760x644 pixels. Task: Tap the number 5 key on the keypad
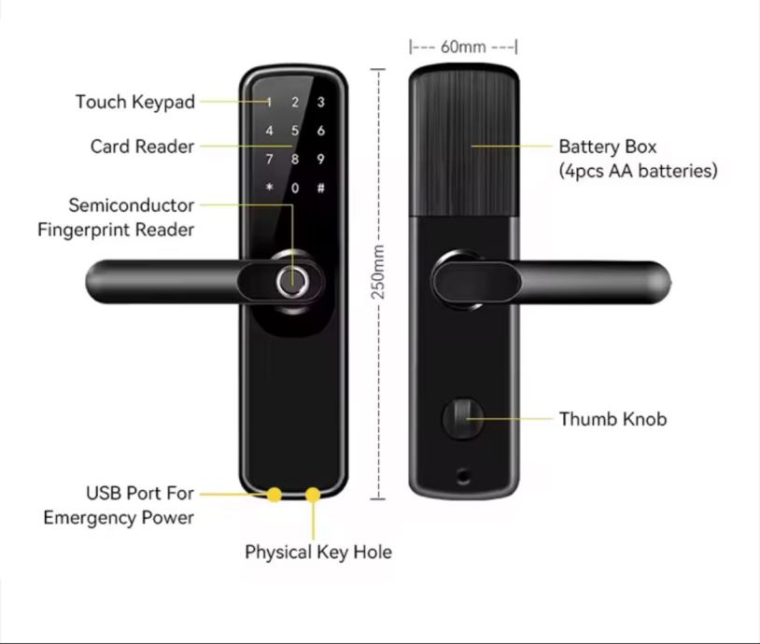pos(295,132)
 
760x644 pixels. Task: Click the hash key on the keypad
pos(320,188)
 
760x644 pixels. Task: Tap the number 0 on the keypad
pos(295,188)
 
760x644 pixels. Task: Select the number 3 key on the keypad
pos(320,104)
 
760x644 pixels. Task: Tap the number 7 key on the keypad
pos(270,160)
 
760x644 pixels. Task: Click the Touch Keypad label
pos(135,102)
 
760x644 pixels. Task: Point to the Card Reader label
pos(142,147)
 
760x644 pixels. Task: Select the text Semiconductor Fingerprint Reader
pos(117,217)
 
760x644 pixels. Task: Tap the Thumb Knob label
pos(612,419)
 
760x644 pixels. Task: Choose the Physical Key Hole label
pos(318,552)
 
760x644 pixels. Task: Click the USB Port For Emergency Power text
pos(120,505)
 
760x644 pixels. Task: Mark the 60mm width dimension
pos(463,47)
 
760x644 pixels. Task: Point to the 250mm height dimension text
pos(379,272)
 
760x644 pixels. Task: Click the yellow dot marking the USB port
pos(274,494)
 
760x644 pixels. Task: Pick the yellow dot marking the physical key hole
pos(313,494)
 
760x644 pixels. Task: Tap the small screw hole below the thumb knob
pos(462,477)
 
